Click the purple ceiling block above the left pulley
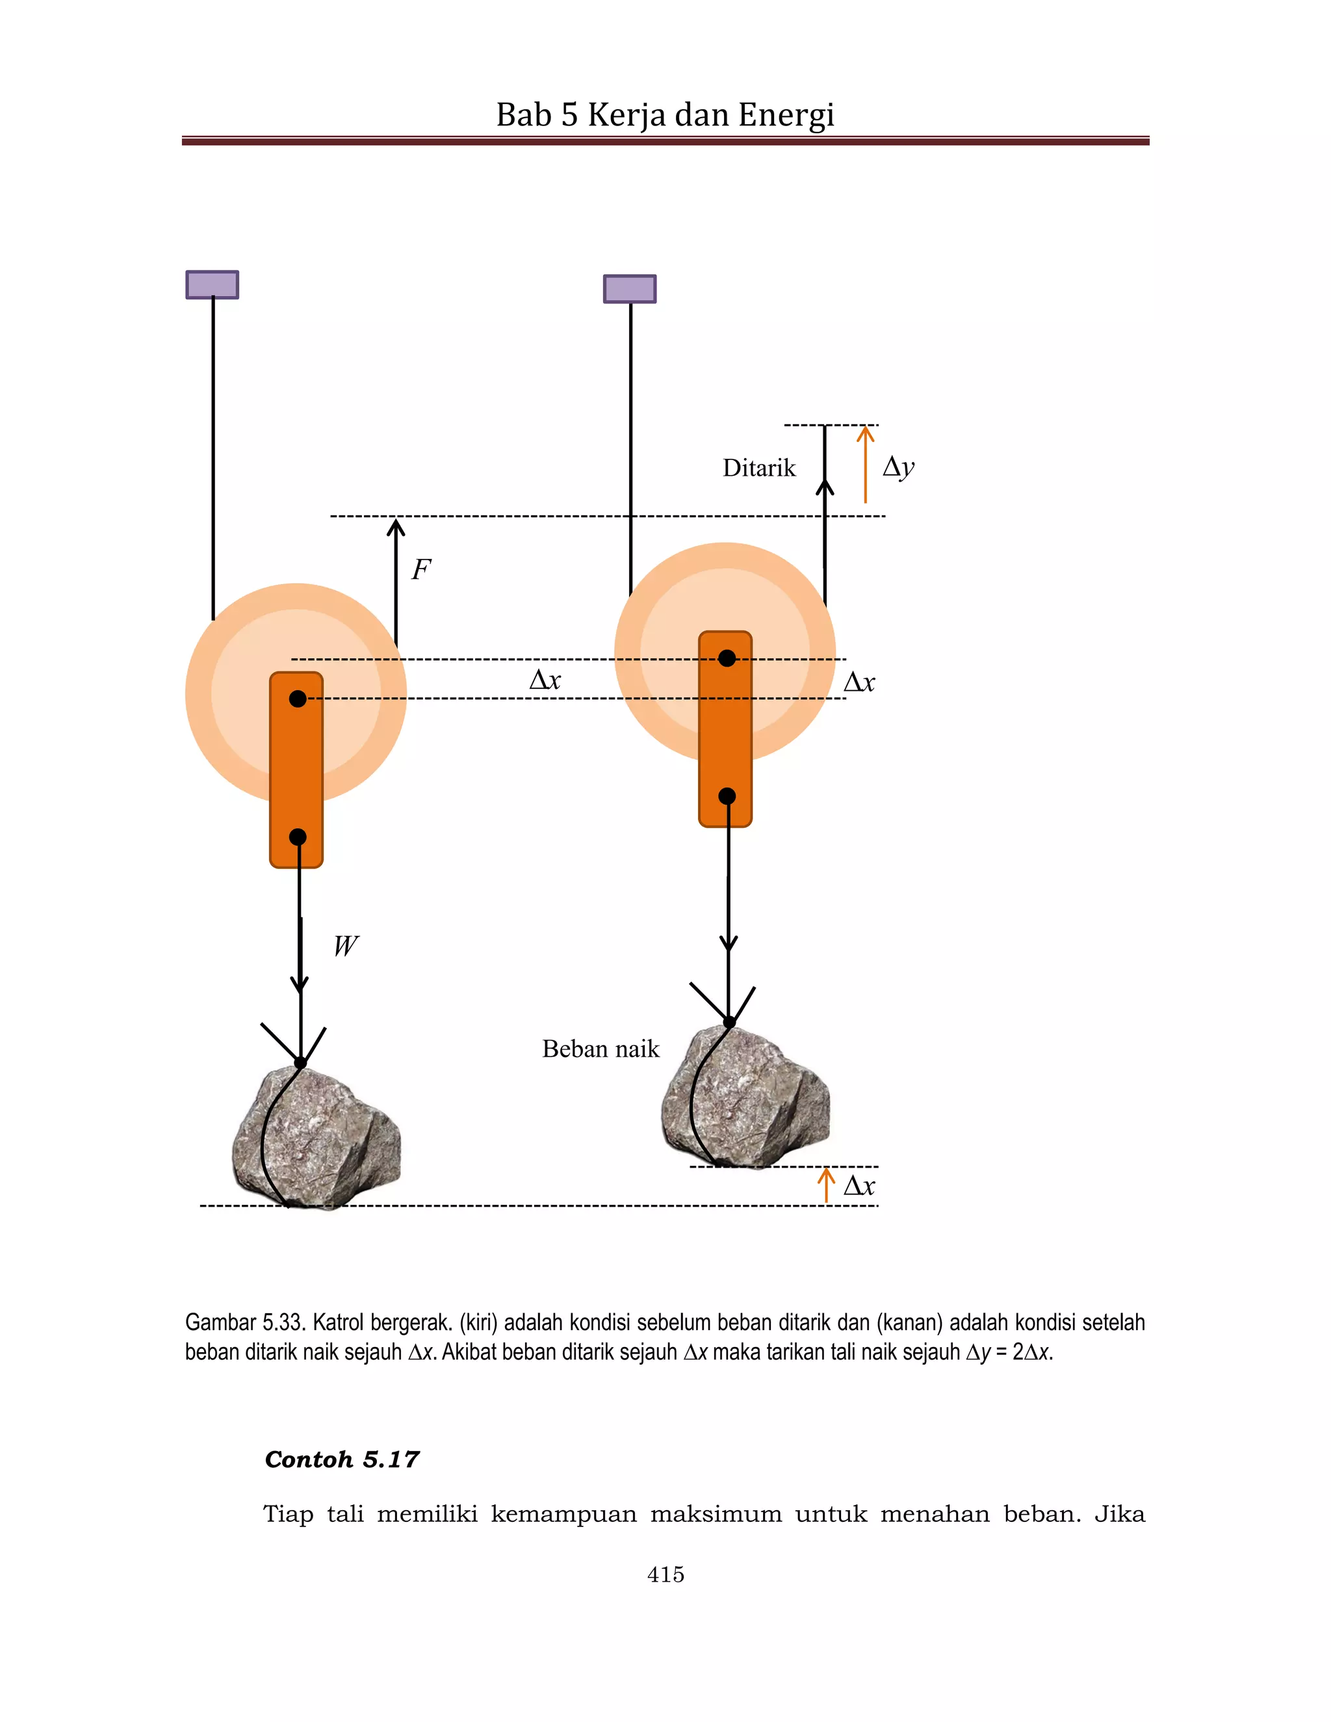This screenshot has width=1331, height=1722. pyautogui.click(x=212, y=285)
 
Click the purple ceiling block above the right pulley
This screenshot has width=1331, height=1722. pyautogui.click(x=629, y=289)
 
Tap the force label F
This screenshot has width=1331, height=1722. pyautogui.click(x=421, y=569)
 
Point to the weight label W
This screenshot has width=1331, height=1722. pyautogui.click(x=345, y=945)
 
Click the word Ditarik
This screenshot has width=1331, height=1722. pyautogui.click(x=758, y=469)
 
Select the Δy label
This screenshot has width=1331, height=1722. pyautogui.click(x=898, y=467)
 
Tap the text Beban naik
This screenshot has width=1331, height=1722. pyautogui.click(x=600, y=1049)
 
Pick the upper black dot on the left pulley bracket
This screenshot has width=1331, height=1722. pyautogui.click(x=297, y=699)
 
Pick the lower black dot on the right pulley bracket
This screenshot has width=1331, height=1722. pyautogui.click(x=727, y=797)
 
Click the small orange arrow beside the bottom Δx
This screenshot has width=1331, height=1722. pyautogui.click(x=825, y=1185)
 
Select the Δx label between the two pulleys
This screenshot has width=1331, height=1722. pyautogui.click(x=545, y=680)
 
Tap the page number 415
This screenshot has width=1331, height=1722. pyautogui.click(x=665, y=1574)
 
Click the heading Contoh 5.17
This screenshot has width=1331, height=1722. pyautogui.click(x=341, y=1459)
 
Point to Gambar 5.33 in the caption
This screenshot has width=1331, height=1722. pyautogui.click(x=244, y=1322)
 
